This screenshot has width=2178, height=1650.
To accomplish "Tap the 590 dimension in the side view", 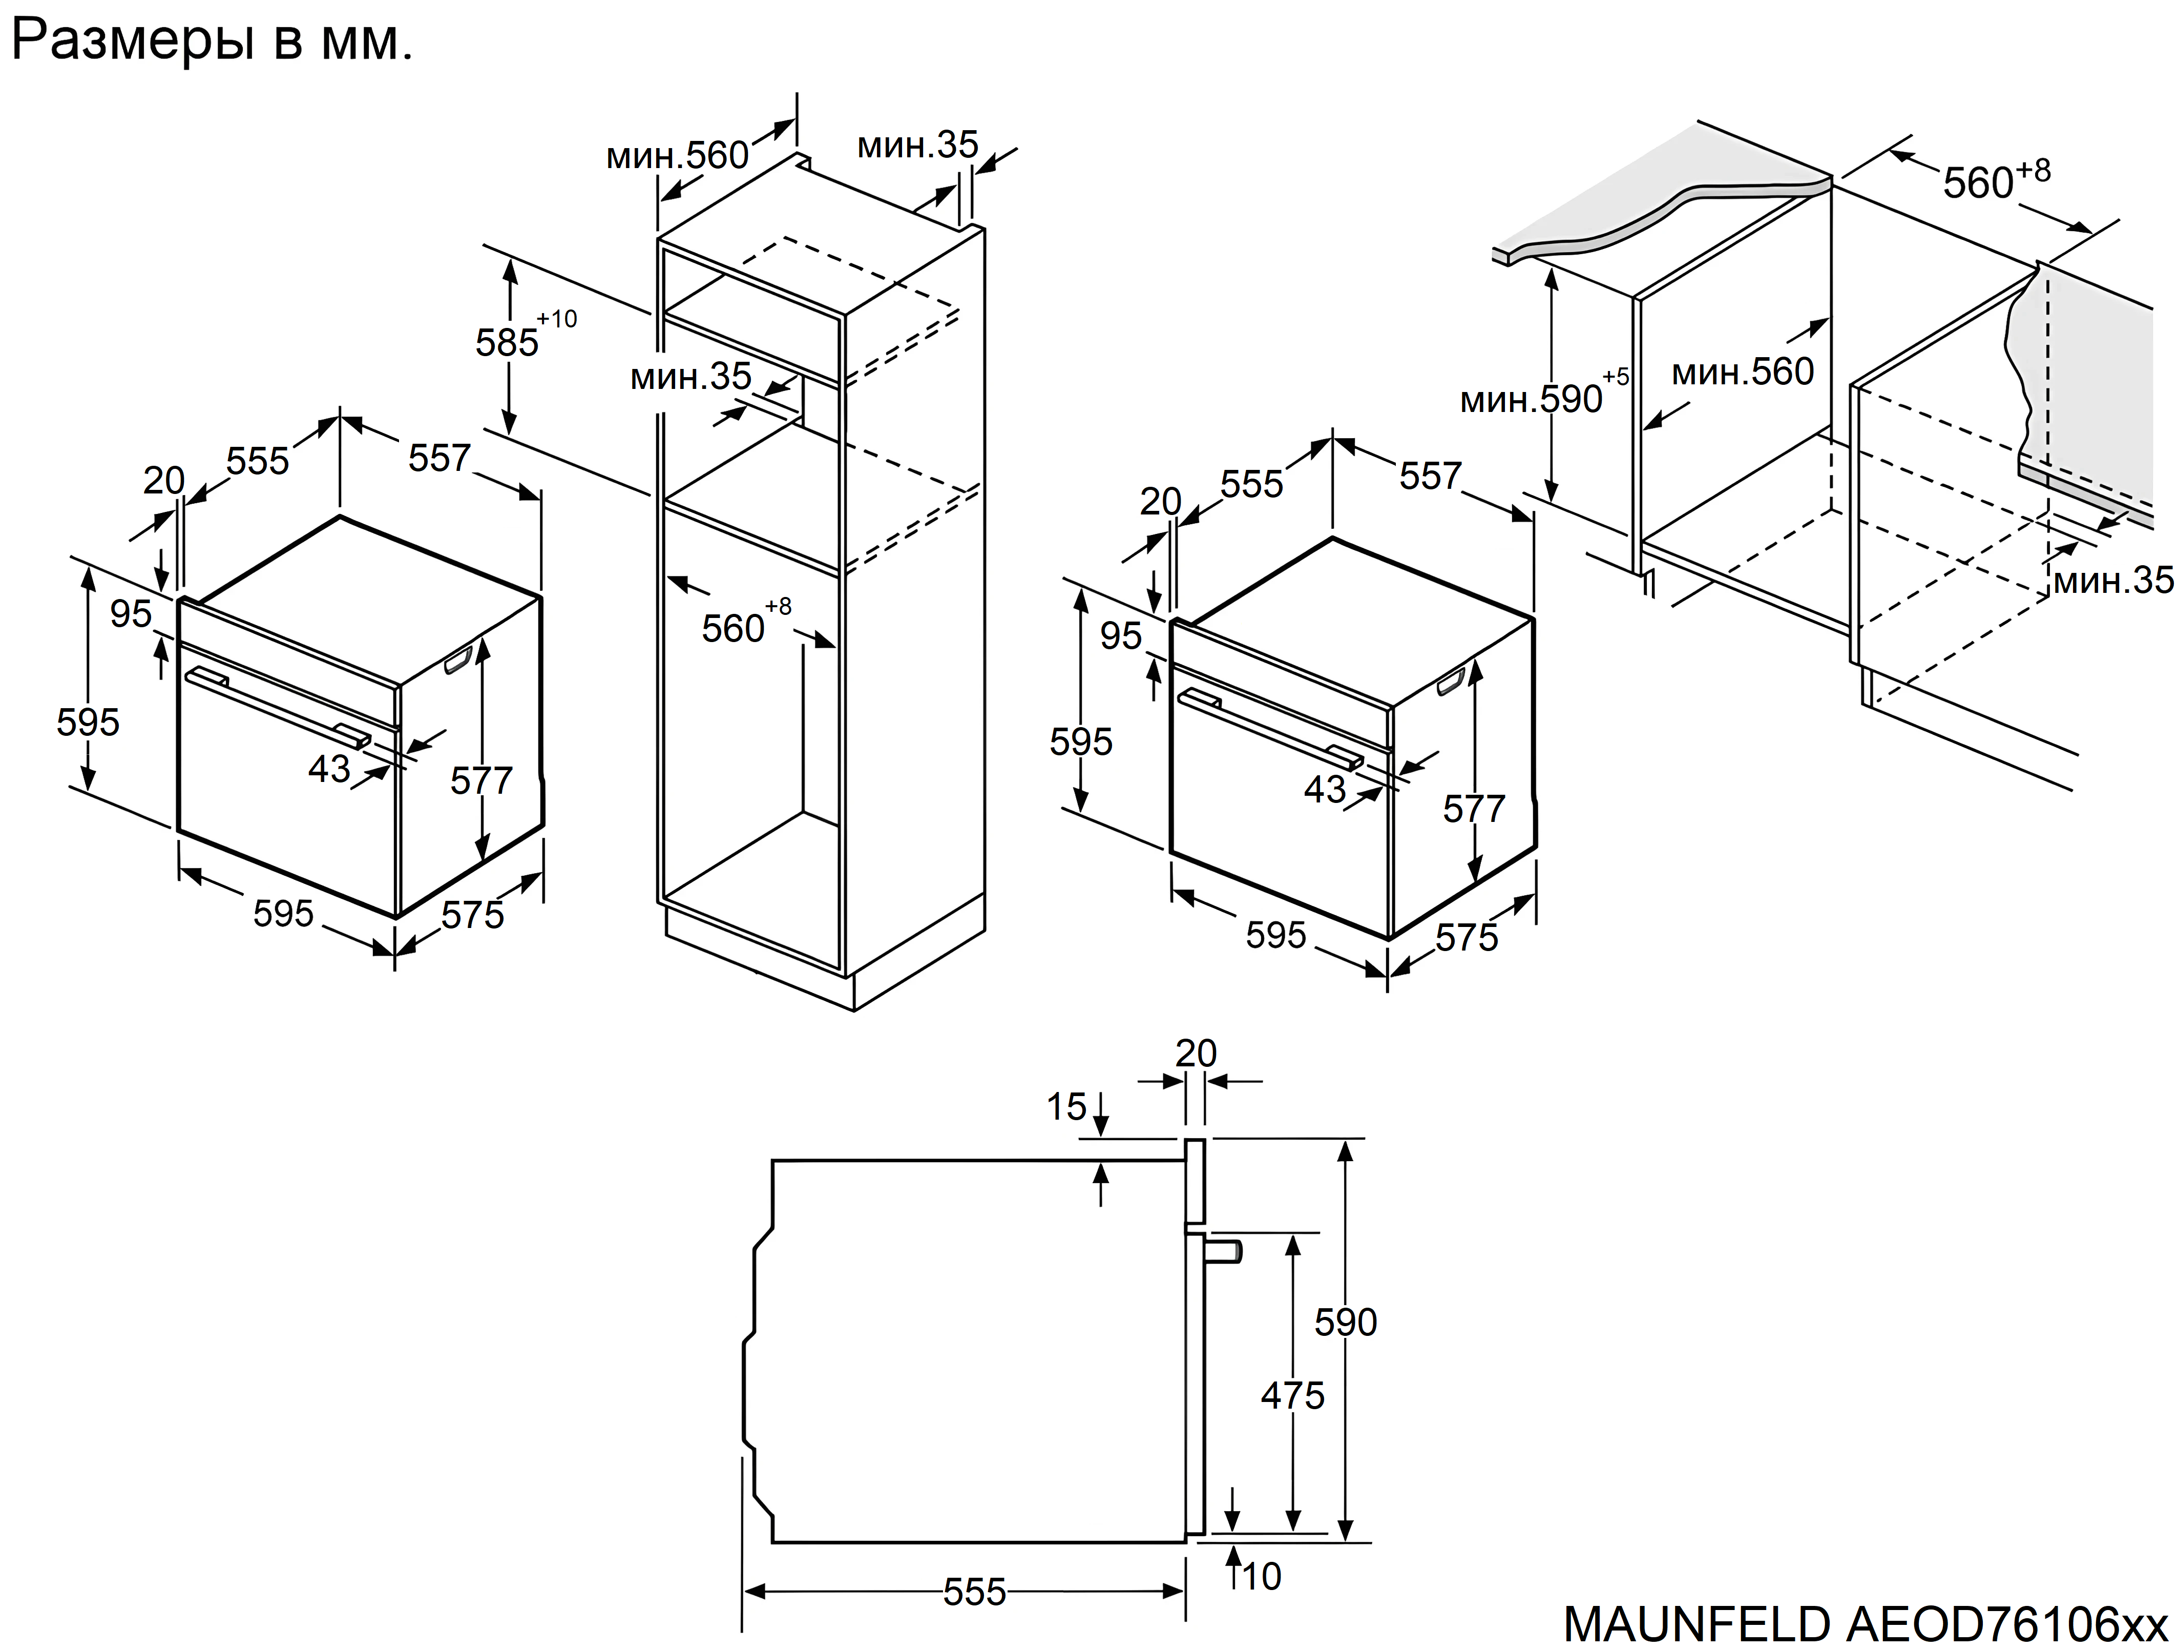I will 1345,1322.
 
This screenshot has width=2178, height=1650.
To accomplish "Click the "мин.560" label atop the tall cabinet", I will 678,156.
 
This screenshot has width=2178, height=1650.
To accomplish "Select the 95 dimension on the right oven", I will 1121,636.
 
